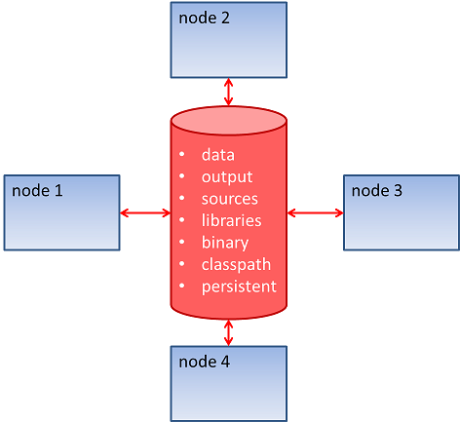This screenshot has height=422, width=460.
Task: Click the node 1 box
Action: [x=61, y=211]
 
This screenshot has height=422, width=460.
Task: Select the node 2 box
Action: [x=229, y=39]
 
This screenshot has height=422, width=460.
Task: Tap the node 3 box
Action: [x=402, y=211]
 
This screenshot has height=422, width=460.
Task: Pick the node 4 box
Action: [x=229, y=382]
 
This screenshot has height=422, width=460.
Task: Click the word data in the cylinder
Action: [x=217, y=154]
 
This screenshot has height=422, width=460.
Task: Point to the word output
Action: [x=226, y=176]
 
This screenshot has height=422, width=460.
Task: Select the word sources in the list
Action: [x=229, y=199]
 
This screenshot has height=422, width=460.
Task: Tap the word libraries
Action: [x=231, y=220]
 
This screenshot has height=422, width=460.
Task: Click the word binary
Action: [x=224, y=243]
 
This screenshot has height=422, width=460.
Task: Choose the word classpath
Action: [x=236, y=264]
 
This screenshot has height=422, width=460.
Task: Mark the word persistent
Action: [x=239, y=287]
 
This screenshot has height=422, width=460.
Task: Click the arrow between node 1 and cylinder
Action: [x=145, y=212]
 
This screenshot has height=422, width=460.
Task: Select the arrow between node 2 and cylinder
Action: [x=229, y=92]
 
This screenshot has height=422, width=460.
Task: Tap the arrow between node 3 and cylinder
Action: [x=315, y=212]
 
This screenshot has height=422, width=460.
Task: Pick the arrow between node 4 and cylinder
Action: [x=229, y=331]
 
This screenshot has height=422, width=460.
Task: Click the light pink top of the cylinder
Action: [x=229, y=120]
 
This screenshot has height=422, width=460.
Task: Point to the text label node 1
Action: [x=38, y=190]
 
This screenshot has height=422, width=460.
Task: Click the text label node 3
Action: [x=376, y=190]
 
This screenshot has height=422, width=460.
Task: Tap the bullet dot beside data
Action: [x=182, y=155]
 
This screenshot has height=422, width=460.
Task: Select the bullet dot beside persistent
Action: [x=182, y=288]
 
